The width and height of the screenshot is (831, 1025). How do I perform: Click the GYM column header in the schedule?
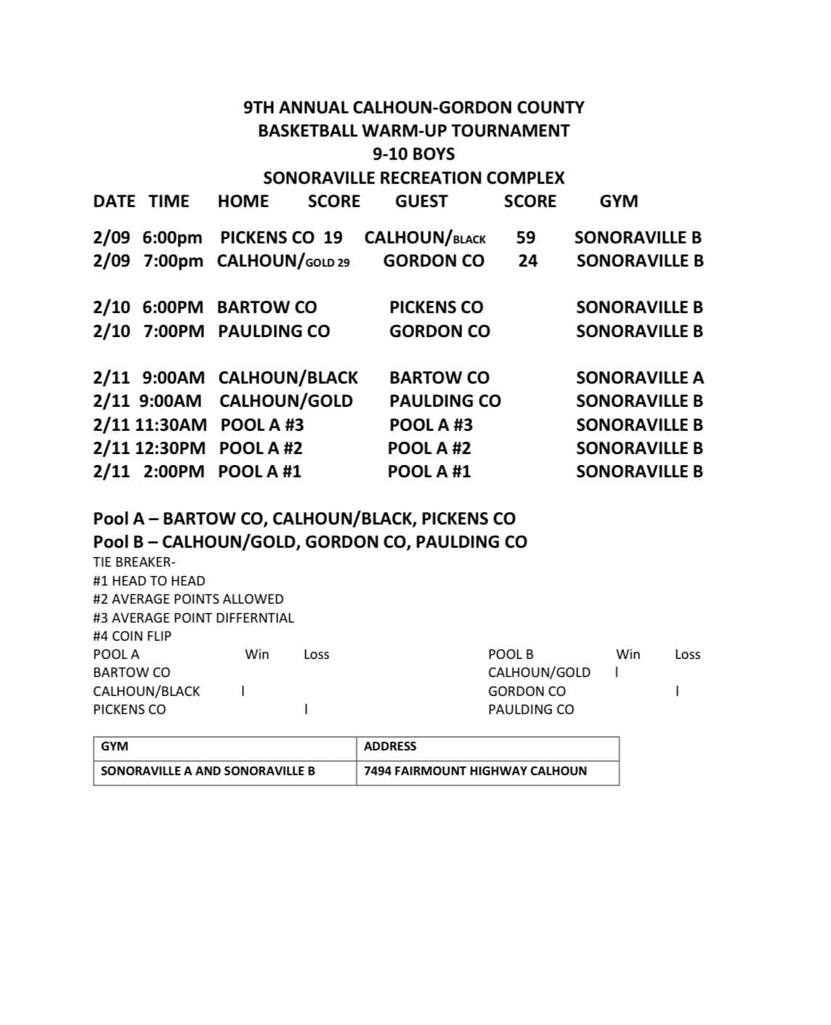(x=618, y=201)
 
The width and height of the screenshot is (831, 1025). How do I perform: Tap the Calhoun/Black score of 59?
(x=525, y=238)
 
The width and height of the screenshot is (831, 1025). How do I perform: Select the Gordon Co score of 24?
(x=527, y=261)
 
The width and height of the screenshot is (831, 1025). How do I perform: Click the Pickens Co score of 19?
(x=333, y=238)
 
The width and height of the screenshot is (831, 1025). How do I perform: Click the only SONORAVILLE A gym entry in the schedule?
(x=639, y=378)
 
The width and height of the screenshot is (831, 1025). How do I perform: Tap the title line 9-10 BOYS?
(x=413, y=154)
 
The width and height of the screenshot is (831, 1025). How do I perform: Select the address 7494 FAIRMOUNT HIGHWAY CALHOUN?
(x=475, y=771)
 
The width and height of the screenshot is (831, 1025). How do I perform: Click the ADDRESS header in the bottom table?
(x=390, y=746)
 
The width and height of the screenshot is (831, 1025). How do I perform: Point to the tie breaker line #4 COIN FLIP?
(x=132, y=636)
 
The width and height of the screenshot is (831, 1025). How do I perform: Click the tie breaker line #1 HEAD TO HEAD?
(x=149, y=580)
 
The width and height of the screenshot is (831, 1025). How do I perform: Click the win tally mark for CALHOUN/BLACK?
(x=243, y=691)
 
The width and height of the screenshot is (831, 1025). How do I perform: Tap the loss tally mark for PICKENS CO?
(x=306, y=710)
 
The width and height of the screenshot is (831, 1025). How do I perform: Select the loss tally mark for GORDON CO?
(x=677, y=691)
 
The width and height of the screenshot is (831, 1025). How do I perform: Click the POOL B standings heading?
(x=511, y=654)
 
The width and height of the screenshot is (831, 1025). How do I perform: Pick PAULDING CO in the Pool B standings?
(x=530, y=710)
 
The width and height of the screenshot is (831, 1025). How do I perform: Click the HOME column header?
(x=243, y=201)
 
